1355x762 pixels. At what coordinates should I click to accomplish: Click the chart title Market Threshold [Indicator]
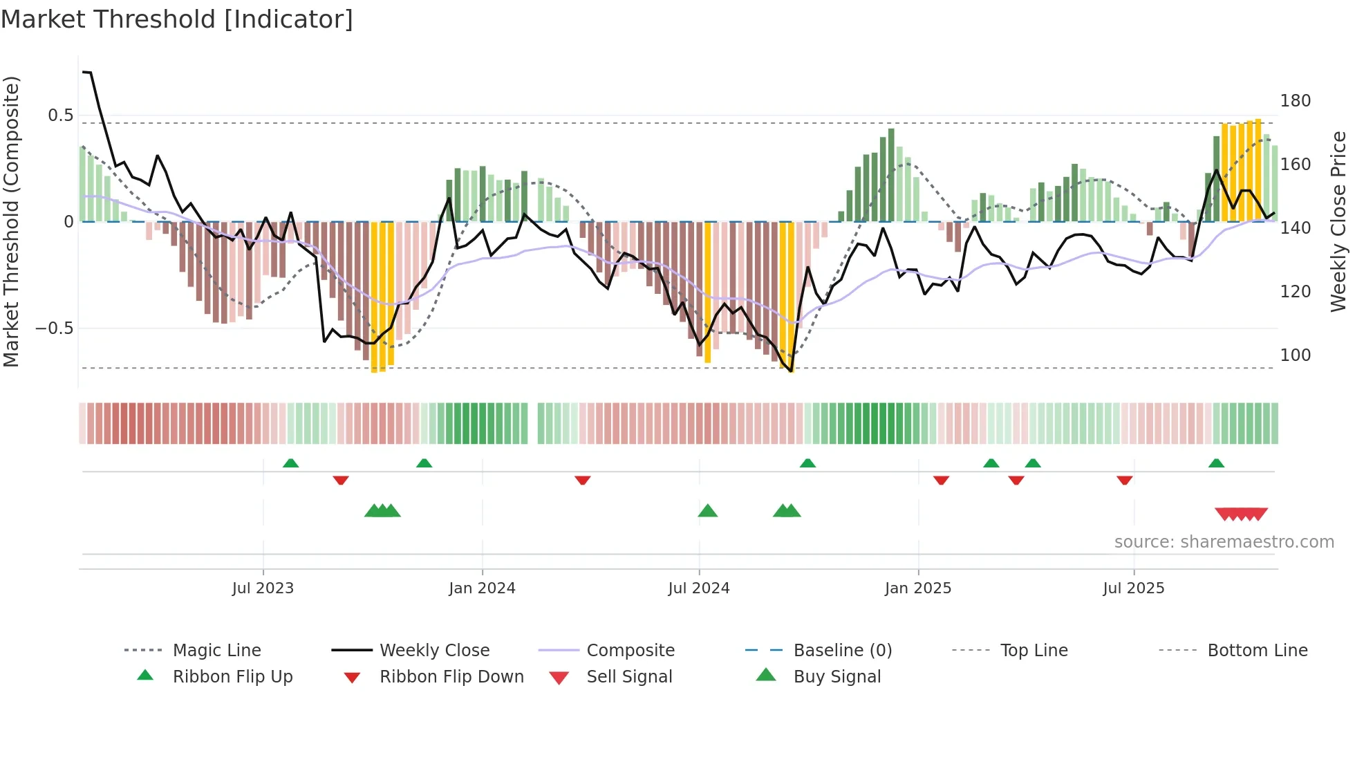177,19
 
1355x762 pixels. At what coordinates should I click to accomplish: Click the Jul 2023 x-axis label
263,588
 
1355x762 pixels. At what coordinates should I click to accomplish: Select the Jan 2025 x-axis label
917,588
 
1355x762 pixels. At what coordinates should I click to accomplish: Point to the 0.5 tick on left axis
61,115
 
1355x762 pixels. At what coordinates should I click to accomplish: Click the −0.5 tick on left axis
55,328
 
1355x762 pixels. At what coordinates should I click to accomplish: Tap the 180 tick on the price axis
1295,101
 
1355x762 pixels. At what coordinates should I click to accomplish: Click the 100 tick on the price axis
1295,355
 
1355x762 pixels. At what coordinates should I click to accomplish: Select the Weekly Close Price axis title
1338,221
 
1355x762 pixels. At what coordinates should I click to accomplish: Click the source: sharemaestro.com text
1224,542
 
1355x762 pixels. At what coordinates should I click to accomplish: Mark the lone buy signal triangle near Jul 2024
707,511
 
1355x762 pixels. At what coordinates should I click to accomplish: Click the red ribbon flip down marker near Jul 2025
1124,480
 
